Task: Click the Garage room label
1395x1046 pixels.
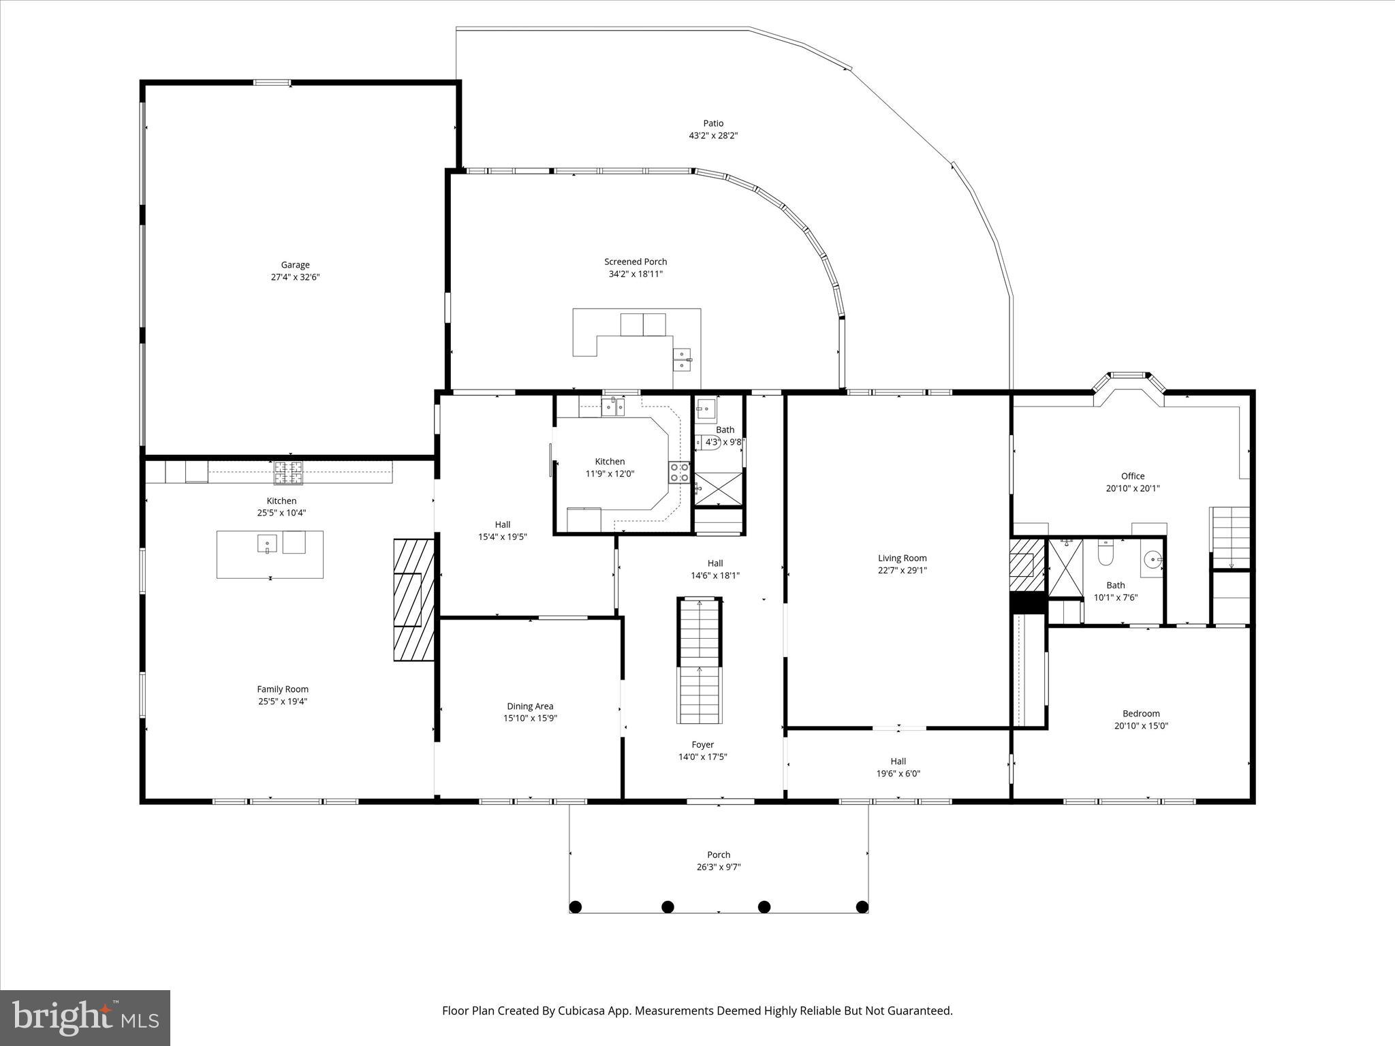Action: coord(295,265)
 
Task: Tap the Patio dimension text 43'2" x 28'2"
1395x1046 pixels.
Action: coord(713,136)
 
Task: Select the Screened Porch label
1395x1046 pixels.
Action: coord(636,261)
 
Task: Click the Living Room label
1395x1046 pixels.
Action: coord(902,558)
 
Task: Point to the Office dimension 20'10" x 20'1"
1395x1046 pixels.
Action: coord(1133,488)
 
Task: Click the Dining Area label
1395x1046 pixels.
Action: coord(530,706)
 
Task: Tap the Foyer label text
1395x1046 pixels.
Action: coord(702,744)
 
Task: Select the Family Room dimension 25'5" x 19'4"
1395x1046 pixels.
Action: coord(283,701)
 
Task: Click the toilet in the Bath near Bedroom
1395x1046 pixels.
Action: coord(1106,554)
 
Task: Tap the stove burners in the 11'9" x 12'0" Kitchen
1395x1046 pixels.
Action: coord(679,472)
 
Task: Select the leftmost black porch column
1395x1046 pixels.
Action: coord(576,906)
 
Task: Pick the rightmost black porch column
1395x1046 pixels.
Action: coord(862,906)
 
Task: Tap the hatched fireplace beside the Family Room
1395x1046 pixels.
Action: coord(413,599)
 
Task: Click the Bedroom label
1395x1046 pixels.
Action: coord(1141,714)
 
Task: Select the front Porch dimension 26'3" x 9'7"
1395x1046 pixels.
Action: coord(719,867)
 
